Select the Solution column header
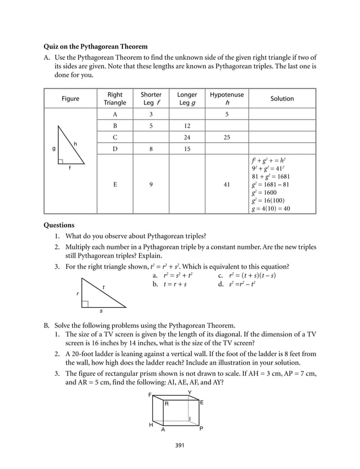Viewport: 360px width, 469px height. pos(282,99)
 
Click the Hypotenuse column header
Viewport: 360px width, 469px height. pos(226,99)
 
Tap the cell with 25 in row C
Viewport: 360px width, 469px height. pos(226,137)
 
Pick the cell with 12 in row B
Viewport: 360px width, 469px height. pos(187,126)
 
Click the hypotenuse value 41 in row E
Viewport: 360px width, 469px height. pos(226,184)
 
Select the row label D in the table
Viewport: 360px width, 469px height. pos(115,149)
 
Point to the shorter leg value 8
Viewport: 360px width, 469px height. pos(151,149)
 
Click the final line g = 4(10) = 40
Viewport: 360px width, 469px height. pos(271,208)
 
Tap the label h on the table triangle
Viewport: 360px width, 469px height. pos(74,144)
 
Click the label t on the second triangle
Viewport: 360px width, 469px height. pos(103,288)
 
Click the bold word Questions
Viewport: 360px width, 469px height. pos(59,225)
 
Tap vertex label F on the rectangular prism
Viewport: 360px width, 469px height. pos(150,395)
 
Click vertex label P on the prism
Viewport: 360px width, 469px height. pos(201,428)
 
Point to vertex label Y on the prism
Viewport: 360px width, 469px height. pos(189,392)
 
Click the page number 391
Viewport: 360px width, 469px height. pos(180,445)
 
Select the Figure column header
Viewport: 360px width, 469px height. pos(71,99)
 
